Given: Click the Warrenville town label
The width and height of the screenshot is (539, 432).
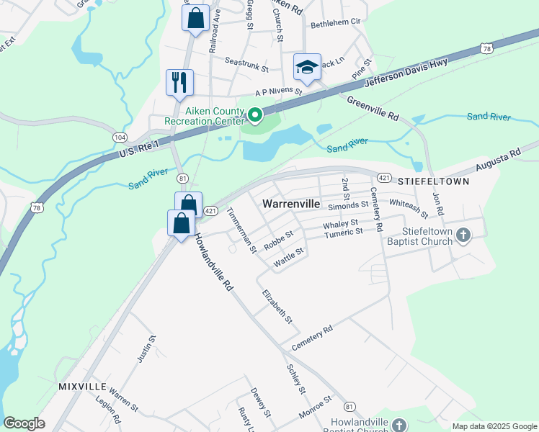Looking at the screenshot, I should point(291,204).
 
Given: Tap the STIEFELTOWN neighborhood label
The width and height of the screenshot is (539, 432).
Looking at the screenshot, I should point(432,181).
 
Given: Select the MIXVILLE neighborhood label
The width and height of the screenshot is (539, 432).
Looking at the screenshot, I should point(83,387).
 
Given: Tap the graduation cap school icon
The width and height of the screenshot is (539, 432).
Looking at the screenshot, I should point(307,68).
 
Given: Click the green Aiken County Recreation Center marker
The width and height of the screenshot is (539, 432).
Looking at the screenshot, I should point(254,114).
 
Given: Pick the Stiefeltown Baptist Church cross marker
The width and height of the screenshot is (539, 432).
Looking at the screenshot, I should point(463,235).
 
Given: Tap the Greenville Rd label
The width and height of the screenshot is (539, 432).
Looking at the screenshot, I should point(373,109).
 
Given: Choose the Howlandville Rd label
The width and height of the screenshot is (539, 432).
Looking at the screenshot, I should point(214,262).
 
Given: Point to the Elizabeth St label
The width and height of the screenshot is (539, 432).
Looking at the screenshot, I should point(277,305).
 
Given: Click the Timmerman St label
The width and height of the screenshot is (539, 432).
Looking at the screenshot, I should point(241,230).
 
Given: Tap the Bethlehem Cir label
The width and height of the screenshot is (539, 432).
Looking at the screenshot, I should point(334,23).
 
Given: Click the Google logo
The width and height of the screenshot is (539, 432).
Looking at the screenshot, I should point(24,423).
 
